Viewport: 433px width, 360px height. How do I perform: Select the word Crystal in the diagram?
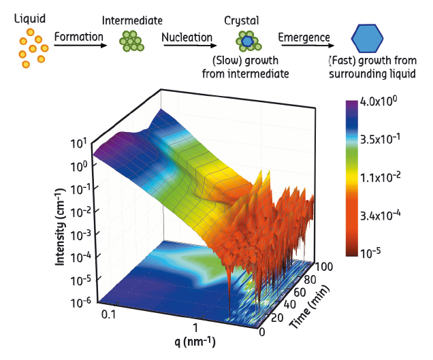coord(241,18)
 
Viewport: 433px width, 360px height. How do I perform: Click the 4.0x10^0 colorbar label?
coord(383,102)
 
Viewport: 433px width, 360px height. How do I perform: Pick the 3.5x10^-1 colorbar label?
coord(386,142)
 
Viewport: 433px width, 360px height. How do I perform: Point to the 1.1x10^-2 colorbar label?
coord(386,178)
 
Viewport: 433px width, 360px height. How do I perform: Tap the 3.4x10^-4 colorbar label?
coord(386,216)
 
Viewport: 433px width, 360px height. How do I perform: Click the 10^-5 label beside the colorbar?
coord(378,253)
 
